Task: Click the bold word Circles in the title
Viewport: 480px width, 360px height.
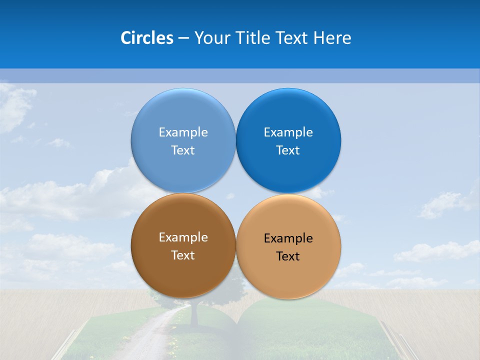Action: point(146,38)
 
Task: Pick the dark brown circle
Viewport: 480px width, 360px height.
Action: point(183,272)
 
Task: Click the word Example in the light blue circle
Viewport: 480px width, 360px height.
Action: point(183,132)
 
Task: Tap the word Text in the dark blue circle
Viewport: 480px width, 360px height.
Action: point(288,150)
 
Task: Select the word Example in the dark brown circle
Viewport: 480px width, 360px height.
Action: point(183,237)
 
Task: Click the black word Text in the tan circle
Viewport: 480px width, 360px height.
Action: point(288,256)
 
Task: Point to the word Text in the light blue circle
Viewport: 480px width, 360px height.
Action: point(183,150)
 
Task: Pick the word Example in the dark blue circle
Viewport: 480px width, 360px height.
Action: point(288,132)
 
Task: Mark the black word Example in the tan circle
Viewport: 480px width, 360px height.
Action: point(288,238)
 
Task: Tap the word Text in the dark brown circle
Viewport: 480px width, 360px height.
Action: point(183,255)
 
